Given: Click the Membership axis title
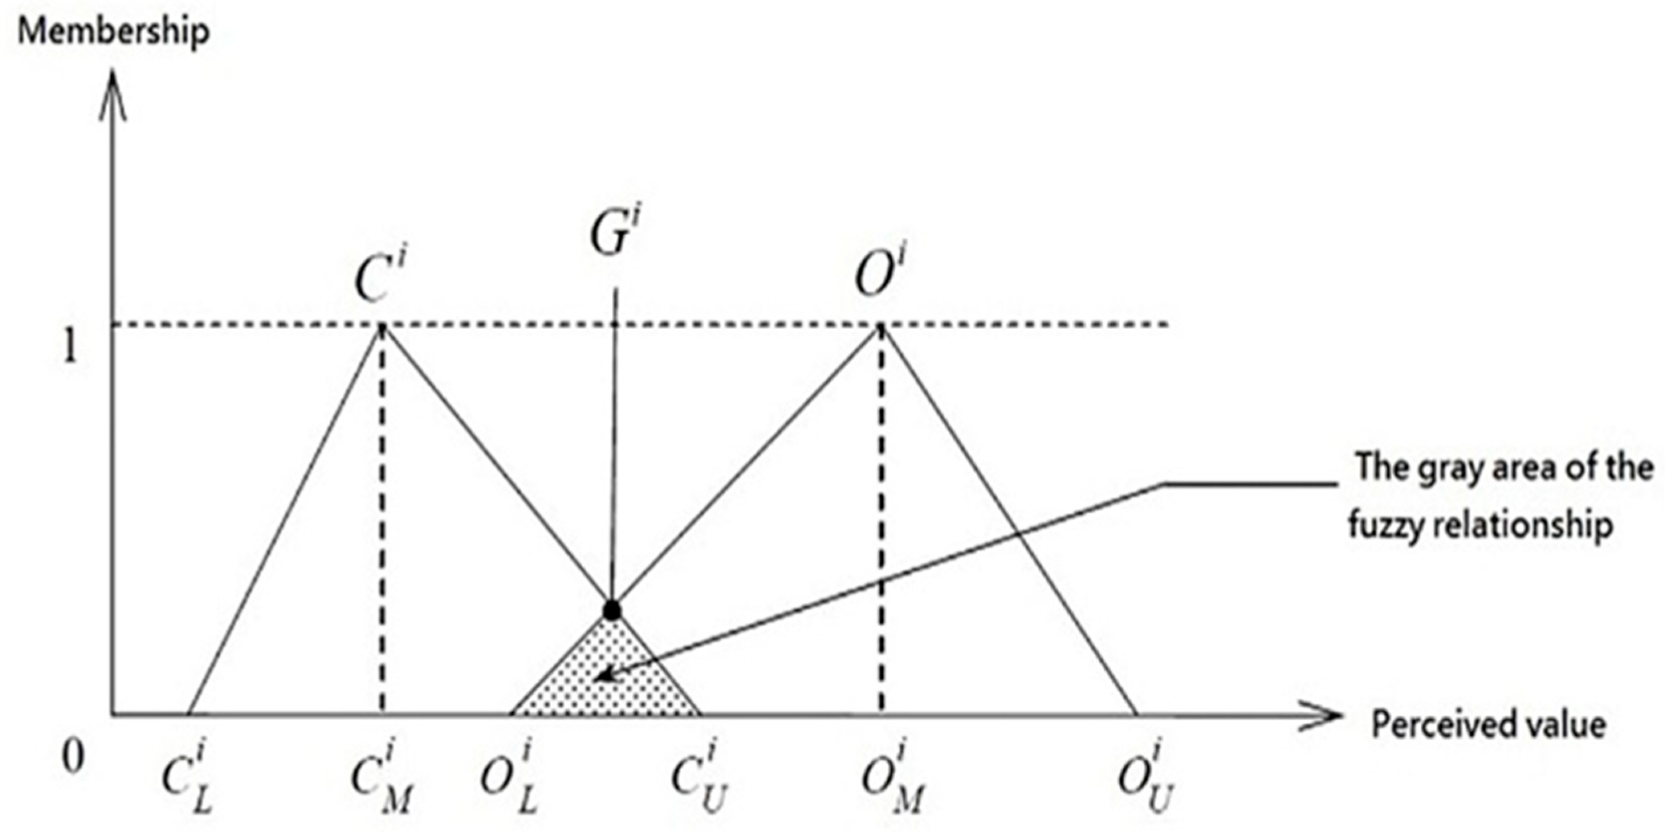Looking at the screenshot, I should tap(114, 31).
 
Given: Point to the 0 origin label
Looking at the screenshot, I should tap(72, 757).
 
